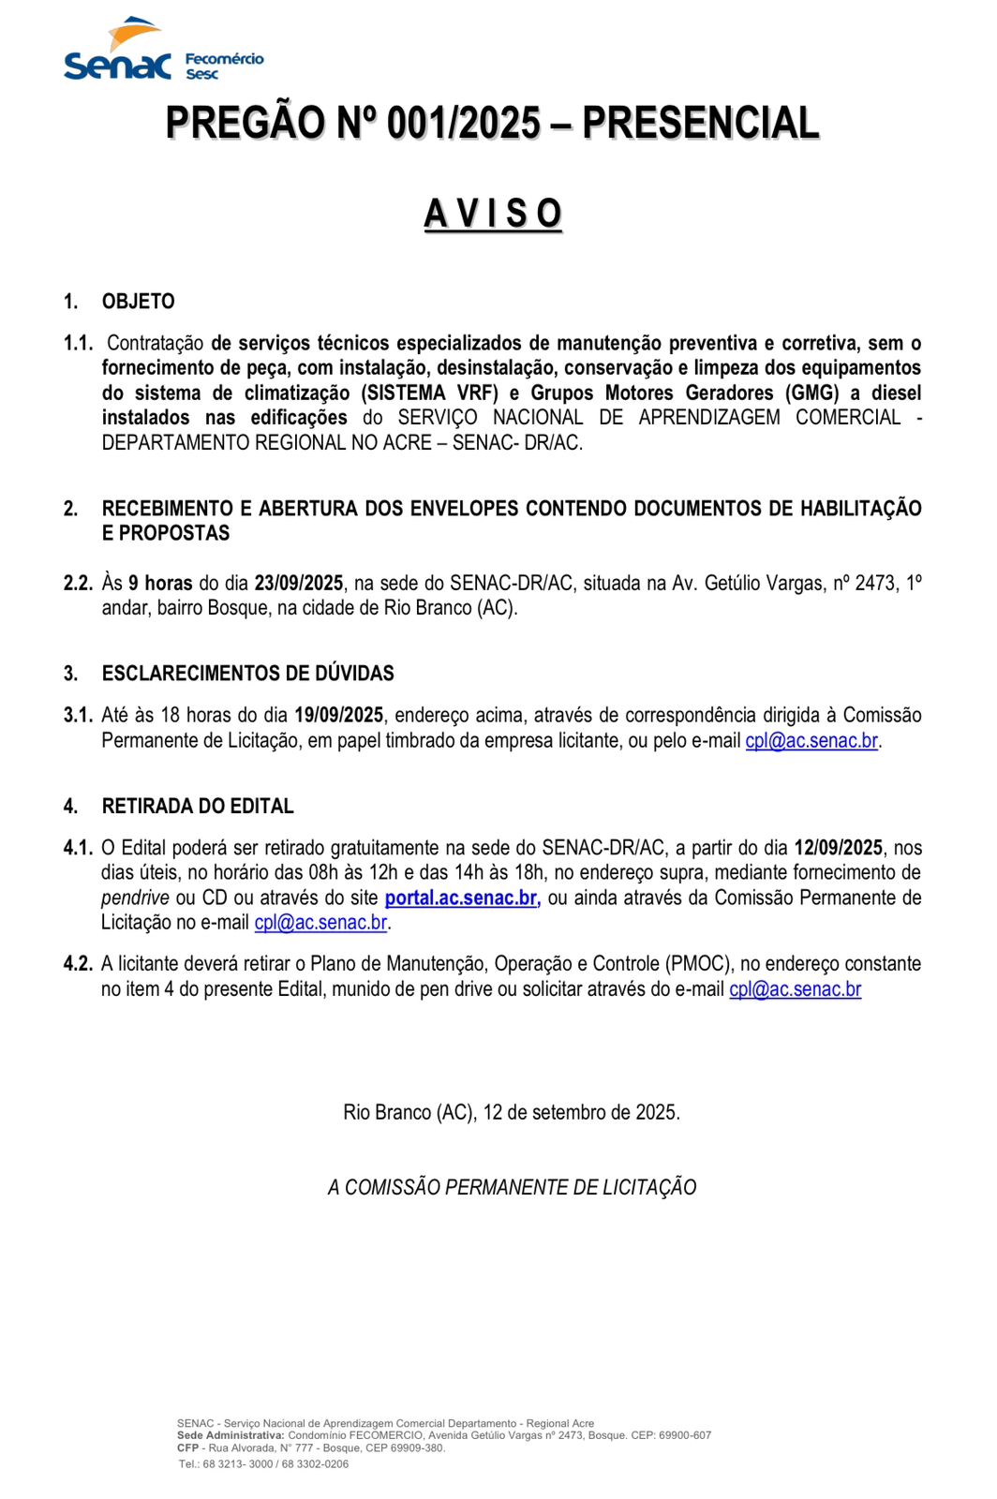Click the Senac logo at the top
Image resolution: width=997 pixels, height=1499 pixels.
117,52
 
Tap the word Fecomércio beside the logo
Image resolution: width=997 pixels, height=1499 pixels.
225,59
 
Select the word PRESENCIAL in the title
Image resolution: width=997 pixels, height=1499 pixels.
700,124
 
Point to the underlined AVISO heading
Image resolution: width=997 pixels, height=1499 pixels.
493,214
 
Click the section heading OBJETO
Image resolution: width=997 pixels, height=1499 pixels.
139,302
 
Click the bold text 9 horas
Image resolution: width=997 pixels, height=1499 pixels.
160,583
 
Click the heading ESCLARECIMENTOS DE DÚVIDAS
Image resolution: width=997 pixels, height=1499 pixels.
247,674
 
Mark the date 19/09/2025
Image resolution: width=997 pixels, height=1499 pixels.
338,716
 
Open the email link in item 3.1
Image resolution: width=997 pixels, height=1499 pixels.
811,741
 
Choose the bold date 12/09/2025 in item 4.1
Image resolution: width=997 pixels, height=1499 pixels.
838,848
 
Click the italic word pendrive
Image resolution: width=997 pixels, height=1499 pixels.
135,898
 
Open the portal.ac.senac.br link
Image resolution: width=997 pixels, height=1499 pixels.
462,898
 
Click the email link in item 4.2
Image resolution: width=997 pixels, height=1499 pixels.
795,989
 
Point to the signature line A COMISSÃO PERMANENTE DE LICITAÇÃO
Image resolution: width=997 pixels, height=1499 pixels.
512,1188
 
